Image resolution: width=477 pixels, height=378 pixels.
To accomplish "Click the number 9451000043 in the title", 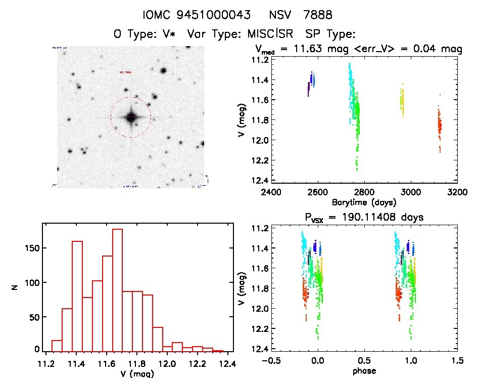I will point(214,15).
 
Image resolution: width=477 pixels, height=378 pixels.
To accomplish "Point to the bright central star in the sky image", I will point(131,117).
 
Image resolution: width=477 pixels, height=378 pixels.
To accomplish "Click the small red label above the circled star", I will point(125,72).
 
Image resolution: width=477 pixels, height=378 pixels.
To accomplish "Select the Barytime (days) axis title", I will point(364,202).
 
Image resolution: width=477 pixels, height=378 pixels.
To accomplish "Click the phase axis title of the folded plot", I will point(364,370).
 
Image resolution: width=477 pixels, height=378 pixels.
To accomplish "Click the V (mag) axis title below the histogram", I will point(137,373).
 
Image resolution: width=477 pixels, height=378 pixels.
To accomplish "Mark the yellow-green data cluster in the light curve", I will point(403,101).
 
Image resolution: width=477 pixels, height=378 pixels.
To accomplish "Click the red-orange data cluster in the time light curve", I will point(440,124).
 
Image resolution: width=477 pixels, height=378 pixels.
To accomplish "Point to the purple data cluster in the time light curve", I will point(308,89).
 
